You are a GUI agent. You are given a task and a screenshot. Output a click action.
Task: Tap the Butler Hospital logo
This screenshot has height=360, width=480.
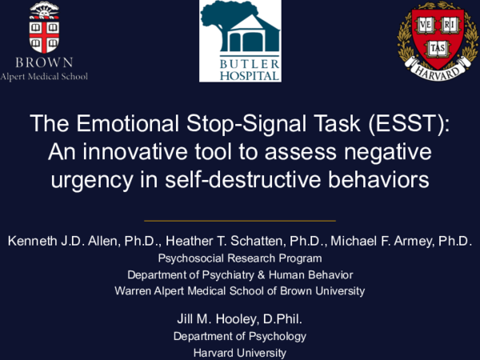240,41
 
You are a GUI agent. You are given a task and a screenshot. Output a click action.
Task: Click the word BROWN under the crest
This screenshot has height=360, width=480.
44,62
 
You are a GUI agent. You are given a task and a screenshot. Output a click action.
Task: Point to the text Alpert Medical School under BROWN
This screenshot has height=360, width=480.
44,77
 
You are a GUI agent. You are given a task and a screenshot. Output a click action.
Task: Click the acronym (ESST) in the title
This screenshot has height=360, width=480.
409,123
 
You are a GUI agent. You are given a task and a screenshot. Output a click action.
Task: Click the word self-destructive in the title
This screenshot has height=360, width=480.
242,179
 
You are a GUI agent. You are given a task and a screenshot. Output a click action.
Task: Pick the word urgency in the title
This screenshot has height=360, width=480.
92,181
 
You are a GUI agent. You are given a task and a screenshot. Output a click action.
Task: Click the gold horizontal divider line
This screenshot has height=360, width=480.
240,221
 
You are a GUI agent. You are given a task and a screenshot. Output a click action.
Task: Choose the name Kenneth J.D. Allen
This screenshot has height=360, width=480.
62,241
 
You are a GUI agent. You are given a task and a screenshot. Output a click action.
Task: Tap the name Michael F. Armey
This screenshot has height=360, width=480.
382,241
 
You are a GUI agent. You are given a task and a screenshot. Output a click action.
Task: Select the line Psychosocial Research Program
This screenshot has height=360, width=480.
240,258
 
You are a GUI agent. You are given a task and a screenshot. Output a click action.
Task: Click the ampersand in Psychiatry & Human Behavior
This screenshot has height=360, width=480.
261,275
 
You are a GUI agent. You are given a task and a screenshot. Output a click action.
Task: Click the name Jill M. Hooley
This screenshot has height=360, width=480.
216,319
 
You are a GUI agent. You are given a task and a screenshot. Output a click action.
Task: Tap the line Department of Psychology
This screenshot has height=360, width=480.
240,336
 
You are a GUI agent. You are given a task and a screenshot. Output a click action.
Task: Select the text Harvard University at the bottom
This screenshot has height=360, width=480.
240,353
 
